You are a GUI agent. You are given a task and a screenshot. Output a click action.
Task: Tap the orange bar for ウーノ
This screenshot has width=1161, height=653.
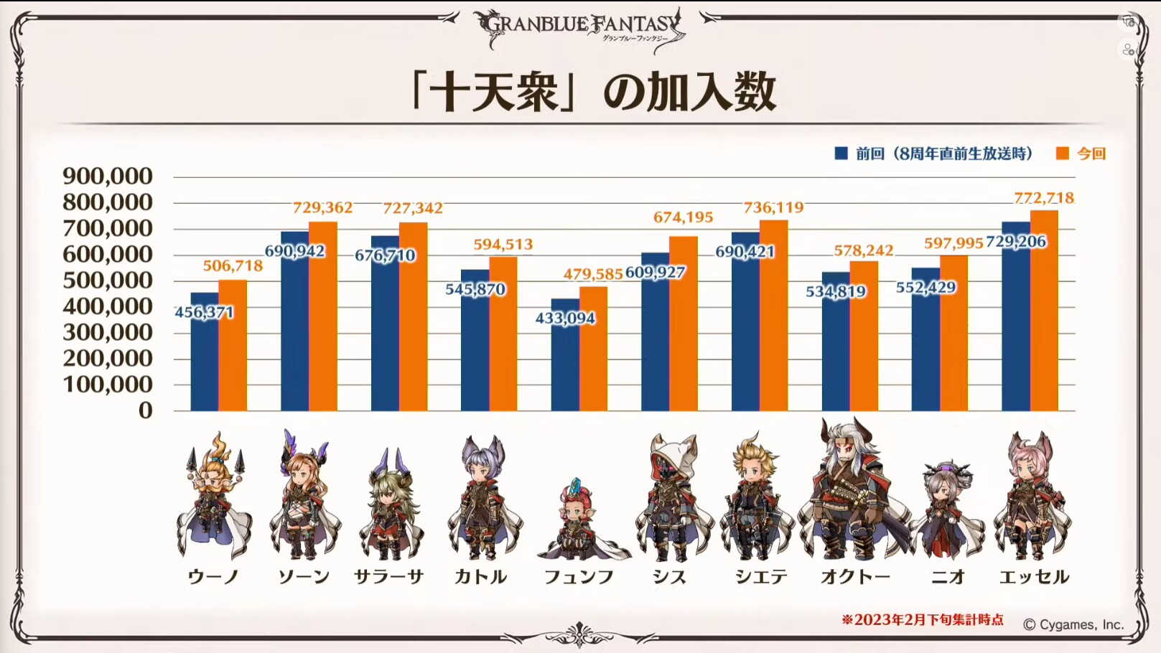tap(233, 345)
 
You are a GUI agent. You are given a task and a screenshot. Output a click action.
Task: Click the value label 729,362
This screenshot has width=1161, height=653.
tap(322, 208)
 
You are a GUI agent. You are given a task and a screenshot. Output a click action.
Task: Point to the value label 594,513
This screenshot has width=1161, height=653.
tap(503, 245)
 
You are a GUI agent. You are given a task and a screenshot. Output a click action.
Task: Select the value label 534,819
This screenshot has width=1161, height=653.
tap(836, 291)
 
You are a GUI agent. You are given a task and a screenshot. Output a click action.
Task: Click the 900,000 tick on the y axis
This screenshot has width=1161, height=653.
tap(108, 177)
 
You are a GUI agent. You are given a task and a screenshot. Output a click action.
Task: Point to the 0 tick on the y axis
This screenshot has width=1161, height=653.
tap(146, 410)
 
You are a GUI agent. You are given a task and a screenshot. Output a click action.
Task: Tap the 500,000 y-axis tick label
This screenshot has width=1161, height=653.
tap(108, 281)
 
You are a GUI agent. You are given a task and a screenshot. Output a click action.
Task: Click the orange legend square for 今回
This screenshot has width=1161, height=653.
tap(1063, 154)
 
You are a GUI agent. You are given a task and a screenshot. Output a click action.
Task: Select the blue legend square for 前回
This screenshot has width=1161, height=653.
tap(841, 154)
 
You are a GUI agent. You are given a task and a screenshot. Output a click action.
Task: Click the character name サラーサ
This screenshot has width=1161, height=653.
tap(389, 577)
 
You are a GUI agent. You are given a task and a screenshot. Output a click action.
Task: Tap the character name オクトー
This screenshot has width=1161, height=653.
tap(855, 577)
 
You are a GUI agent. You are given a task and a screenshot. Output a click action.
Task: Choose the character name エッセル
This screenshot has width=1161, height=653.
tap(1034, 577)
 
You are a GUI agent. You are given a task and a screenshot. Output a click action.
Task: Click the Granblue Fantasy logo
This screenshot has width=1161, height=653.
tap(580, 29)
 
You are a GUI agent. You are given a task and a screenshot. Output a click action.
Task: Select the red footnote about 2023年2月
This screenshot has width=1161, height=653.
tap(923, 620)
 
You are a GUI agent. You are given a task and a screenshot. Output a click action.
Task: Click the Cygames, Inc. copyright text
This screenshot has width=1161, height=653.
tap(1073, 625)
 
